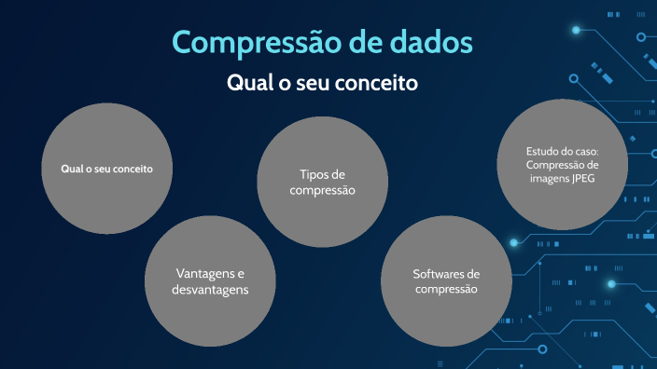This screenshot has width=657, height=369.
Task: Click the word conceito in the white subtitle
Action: coord(377,83)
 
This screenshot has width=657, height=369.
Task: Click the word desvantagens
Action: coord(210,290)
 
